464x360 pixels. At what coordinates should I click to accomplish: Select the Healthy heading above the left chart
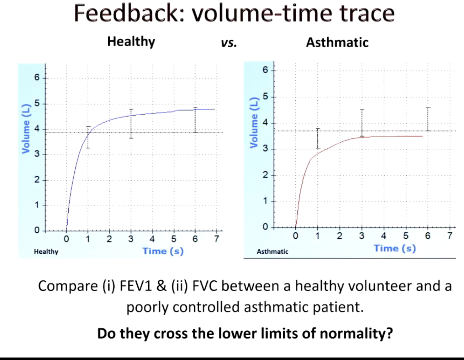(131, 42)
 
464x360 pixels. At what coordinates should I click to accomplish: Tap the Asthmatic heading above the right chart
(337, 42)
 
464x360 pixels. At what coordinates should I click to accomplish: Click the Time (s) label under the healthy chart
(163, 251)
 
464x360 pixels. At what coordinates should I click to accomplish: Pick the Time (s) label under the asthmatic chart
(395, 248)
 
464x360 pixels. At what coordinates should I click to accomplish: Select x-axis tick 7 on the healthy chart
(216, 239)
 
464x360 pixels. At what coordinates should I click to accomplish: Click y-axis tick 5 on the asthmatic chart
(265, 97)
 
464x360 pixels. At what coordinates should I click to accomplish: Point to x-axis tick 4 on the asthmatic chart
(384, 236)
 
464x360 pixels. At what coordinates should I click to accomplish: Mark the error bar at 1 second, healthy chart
(88, 137)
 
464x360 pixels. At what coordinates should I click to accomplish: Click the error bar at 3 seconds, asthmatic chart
(362, 123)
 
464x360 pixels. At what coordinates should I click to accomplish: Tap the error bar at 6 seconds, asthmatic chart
(428, 119)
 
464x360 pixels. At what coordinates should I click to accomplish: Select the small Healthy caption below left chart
(46, 252)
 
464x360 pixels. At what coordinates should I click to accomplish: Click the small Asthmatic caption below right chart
(273, 252)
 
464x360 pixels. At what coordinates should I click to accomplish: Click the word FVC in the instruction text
(204, 286)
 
